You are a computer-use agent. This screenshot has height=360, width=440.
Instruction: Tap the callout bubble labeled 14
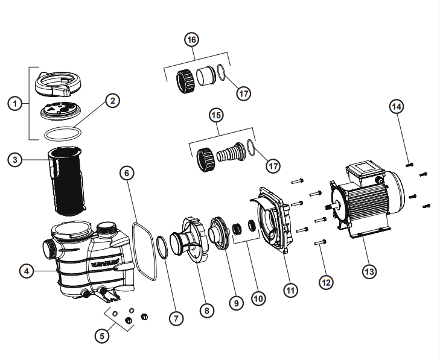pyautogui.click(x=397, y=107)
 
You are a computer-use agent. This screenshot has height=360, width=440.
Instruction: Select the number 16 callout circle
pyautogui.click(x=191, y=40)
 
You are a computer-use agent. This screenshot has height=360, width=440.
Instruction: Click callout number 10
pyautogui.click(x=258, y=298)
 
